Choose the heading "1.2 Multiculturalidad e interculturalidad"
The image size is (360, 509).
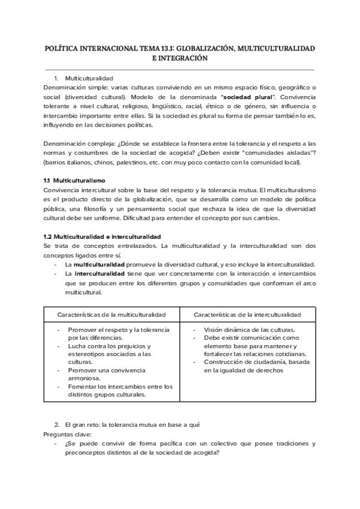click(102, 237)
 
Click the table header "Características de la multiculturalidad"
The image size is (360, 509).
click(111, 315)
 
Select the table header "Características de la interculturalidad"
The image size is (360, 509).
click(248, 315)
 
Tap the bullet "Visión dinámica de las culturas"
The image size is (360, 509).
click(250, 330)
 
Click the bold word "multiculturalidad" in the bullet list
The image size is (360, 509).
click(99, 265)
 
